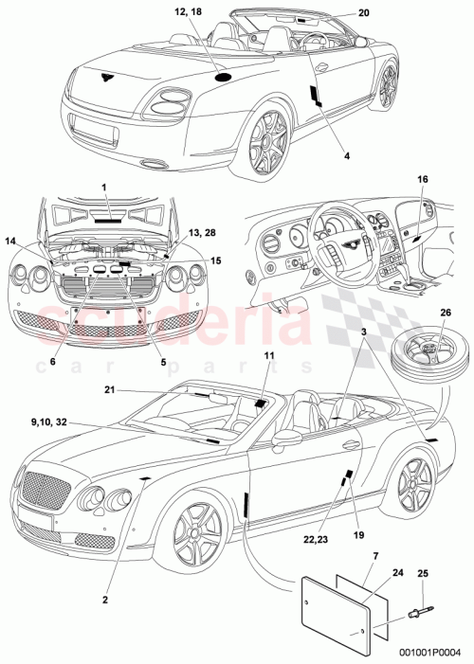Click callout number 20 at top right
[x=366, y=13]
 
